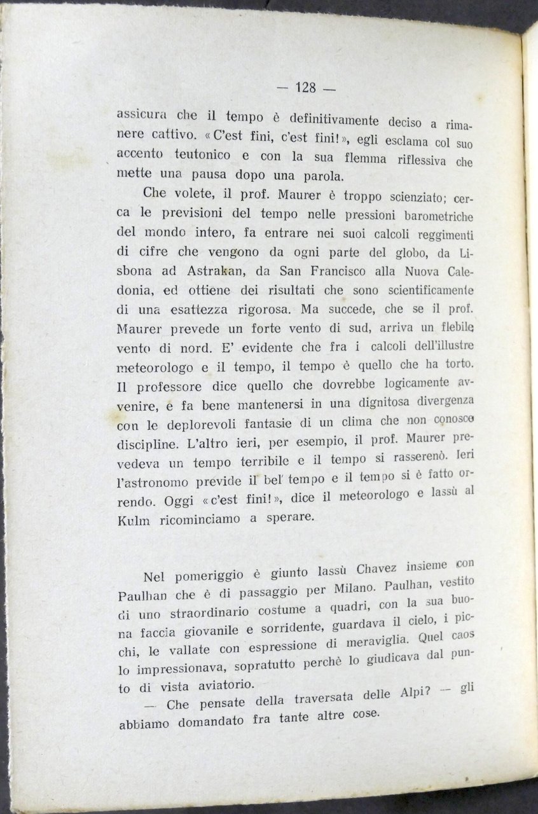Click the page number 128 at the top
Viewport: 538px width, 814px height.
point(306,88)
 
